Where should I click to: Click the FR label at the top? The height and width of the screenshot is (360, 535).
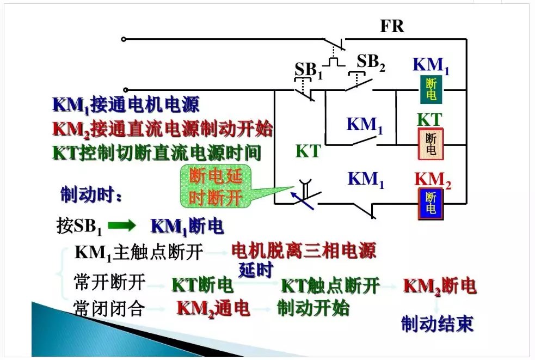(x=392, y=27)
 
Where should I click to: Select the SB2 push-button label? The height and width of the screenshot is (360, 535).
(x=371, y=63)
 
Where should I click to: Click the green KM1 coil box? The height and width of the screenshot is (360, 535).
(x=431, y=89)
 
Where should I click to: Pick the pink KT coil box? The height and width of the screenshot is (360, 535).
(x=431, y=144)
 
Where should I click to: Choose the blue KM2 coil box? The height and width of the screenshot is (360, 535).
(x=431, y=203)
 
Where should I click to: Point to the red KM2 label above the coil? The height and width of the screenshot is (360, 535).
(x=433, y=180)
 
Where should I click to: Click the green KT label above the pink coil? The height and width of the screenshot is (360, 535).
(x=429, y=120)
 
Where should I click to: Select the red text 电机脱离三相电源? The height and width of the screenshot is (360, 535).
(x=304, y=251)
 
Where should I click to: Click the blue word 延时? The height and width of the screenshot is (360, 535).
(x=256, y=270)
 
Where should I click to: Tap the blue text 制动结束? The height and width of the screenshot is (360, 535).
(x=437, y=324)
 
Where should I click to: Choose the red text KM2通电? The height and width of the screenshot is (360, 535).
(x=213, y=309)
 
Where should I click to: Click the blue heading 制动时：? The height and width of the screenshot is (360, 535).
(x=91, y=195)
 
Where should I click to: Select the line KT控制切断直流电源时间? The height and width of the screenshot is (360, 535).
(x=157, y=152)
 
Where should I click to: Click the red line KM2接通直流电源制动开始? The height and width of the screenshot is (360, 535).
(x=162, y=130)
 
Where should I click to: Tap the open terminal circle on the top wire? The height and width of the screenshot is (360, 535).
(x=124, y=39)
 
